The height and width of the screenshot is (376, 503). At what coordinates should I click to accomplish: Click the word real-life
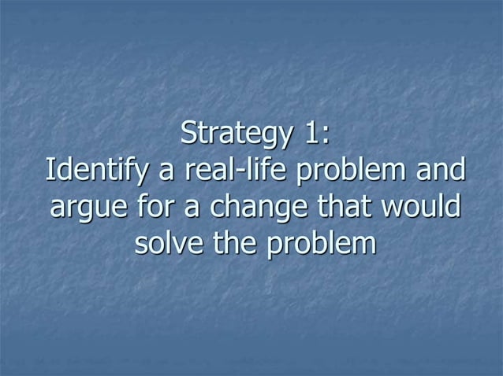coord(224,170)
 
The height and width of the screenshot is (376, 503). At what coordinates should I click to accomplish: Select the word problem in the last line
coord(319,245)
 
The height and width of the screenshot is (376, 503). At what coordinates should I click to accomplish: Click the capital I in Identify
coord(50,169)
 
